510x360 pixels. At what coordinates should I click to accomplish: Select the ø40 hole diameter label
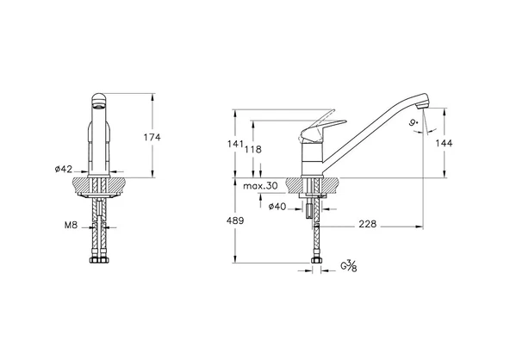pyautogui.click(x=277, y=206)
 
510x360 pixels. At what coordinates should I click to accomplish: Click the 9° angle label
pyautogui.click(x=415, y=125)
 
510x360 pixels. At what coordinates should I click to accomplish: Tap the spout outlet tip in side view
pyautogui.click(x=422, y=109)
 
